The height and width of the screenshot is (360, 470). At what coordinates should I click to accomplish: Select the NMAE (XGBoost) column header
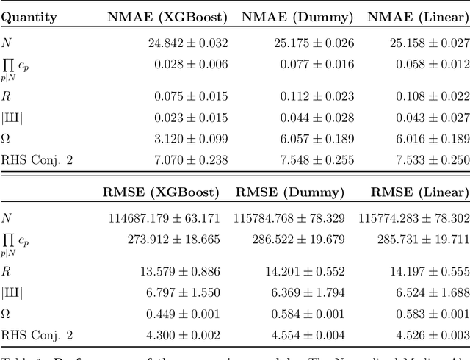click(x=167, y=16)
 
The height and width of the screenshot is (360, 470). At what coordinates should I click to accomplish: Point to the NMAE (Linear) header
click(x=418, y=16)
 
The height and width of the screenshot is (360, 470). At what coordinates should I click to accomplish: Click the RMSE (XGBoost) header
click(x=162, y=192)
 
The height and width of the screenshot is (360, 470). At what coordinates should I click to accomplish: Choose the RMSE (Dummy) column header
click(x=290, y=192)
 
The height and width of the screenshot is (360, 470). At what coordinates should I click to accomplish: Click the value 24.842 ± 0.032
click(x=187, y=43)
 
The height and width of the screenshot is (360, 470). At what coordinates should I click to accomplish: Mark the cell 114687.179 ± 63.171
click(x=163, y=218)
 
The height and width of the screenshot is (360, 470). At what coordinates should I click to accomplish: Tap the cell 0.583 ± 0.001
click(x=433, y=314)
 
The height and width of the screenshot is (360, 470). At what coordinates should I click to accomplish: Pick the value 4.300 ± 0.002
click(x=187, y=335)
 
